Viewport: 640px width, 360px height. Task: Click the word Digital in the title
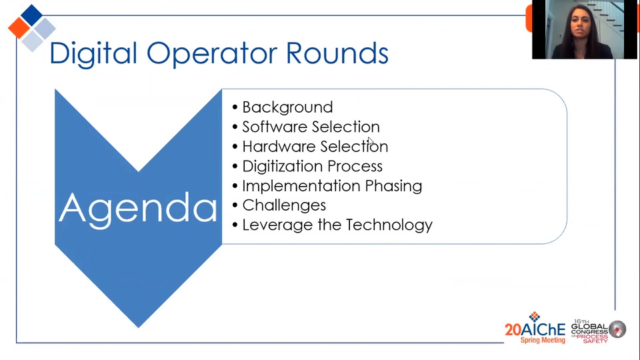click(93, 54)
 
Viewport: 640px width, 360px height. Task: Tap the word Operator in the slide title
click(211, 54)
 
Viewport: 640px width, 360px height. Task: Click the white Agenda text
click(138, 209)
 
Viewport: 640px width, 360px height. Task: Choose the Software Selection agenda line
click(311, 127)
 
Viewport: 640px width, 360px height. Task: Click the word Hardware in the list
click(279, 146)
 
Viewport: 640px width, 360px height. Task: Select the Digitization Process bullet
click(312, 167)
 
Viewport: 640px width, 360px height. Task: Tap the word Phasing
click(393, 186)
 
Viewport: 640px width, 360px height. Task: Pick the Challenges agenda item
click(284, 205)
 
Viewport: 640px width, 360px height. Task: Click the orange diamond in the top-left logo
click(19, 28)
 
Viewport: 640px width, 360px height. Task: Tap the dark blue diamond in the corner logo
click(31, 15)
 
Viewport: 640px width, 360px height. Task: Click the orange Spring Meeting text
click(543, 340)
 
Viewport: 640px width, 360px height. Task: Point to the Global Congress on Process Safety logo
click(599, 331)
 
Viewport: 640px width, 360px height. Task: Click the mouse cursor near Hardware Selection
click(371, 141)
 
